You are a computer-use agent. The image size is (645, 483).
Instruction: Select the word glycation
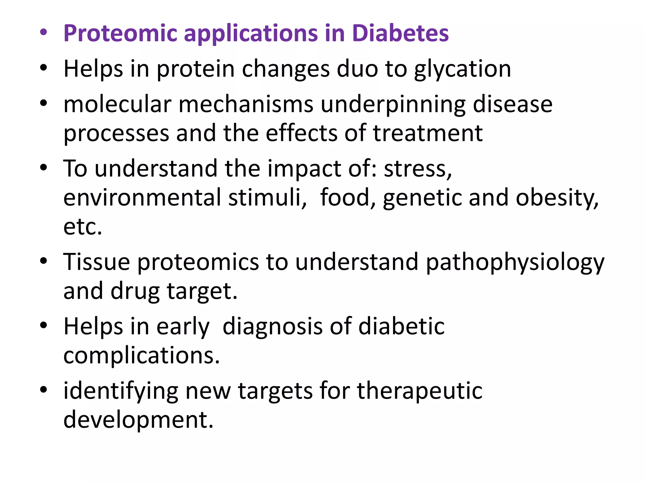pyautogui.click(x=462, y=69)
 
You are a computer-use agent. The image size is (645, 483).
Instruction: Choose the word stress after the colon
pyautogui.click(x=418, y=169)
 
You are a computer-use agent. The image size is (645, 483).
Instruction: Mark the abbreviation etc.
pyautogui.click(x=83, y=226)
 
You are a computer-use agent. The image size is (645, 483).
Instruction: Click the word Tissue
pyautogui.click(x=96, y=262)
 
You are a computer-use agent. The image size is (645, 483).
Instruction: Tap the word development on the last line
pyautogui.click(x=138, y=420)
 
